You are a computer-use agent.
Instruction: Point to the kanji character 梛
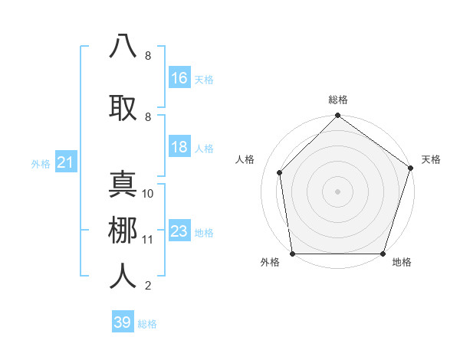[x=123, y=231]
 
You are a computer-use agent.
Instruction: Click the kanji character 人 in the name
[x=123, y=276]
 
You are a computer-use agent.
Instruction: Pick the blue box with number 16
[x=179, y=78]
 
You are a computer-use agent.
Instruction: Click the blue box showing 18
[x=179, y=148]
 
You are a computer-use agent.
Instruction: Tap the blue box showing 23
[x=179, y=232]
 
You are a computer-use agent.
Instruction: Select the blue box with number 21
[x=66, y=162]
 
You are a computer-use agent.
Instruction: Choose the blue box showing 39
[x=123, y=322]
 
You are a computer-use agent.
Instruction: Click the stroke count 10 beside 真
[x=149, y=194]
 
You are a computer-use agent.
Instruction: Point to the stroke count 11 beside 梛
[x=148, y=240]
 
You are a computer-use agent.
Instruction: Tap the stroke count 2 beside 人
[x=148, y=286]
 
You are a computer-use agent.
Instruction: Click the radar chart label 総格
[x=338, y=100]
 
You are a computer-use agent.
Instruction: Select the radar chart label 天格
[x=431, y=159]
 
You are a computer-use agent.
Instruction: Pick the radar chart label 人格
[x=245, y=159]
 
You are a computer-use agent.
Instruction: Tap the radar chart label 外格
[x=270, y=263]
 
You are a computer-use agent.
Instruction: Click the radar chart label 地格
[x=402, y=263]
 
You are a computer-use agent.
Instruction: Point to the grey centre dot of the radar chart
[x=337, y=191]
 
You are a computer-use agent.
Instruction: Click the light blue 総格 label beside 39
[x=147, y=324]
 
